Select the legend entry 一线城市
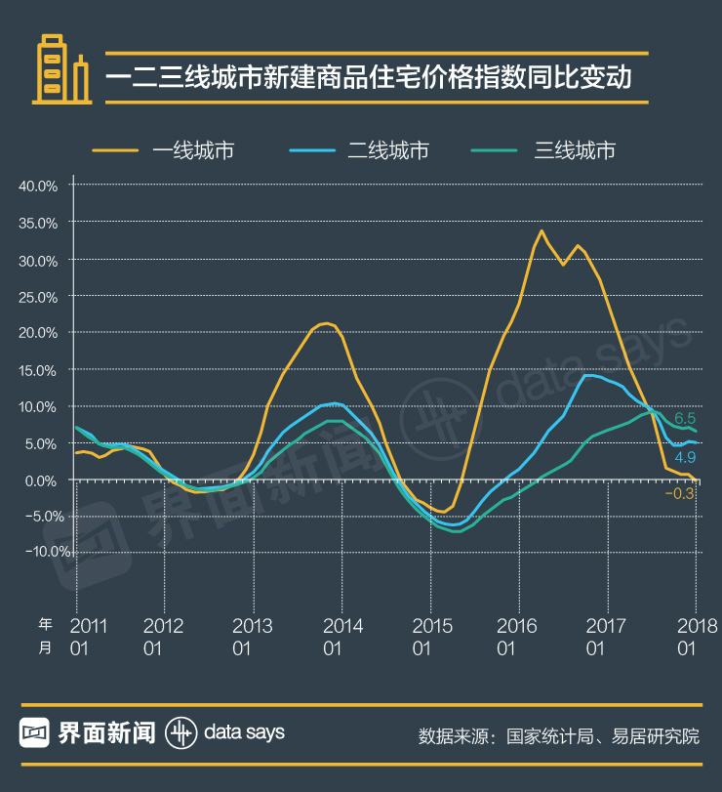193,149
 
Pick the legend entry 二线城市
388,149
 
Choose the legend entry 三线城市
575,149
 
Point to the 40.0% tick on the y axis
39,186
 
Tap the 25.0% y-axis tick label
39,296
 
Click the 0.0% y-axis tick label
43,479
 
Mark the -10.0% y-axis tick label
37,552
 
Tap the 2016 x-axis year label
516,625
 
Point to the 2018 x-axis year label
697,625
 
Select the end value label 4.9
685,457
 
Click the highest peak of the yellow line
541,230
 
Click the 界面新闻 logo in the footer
88,731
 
